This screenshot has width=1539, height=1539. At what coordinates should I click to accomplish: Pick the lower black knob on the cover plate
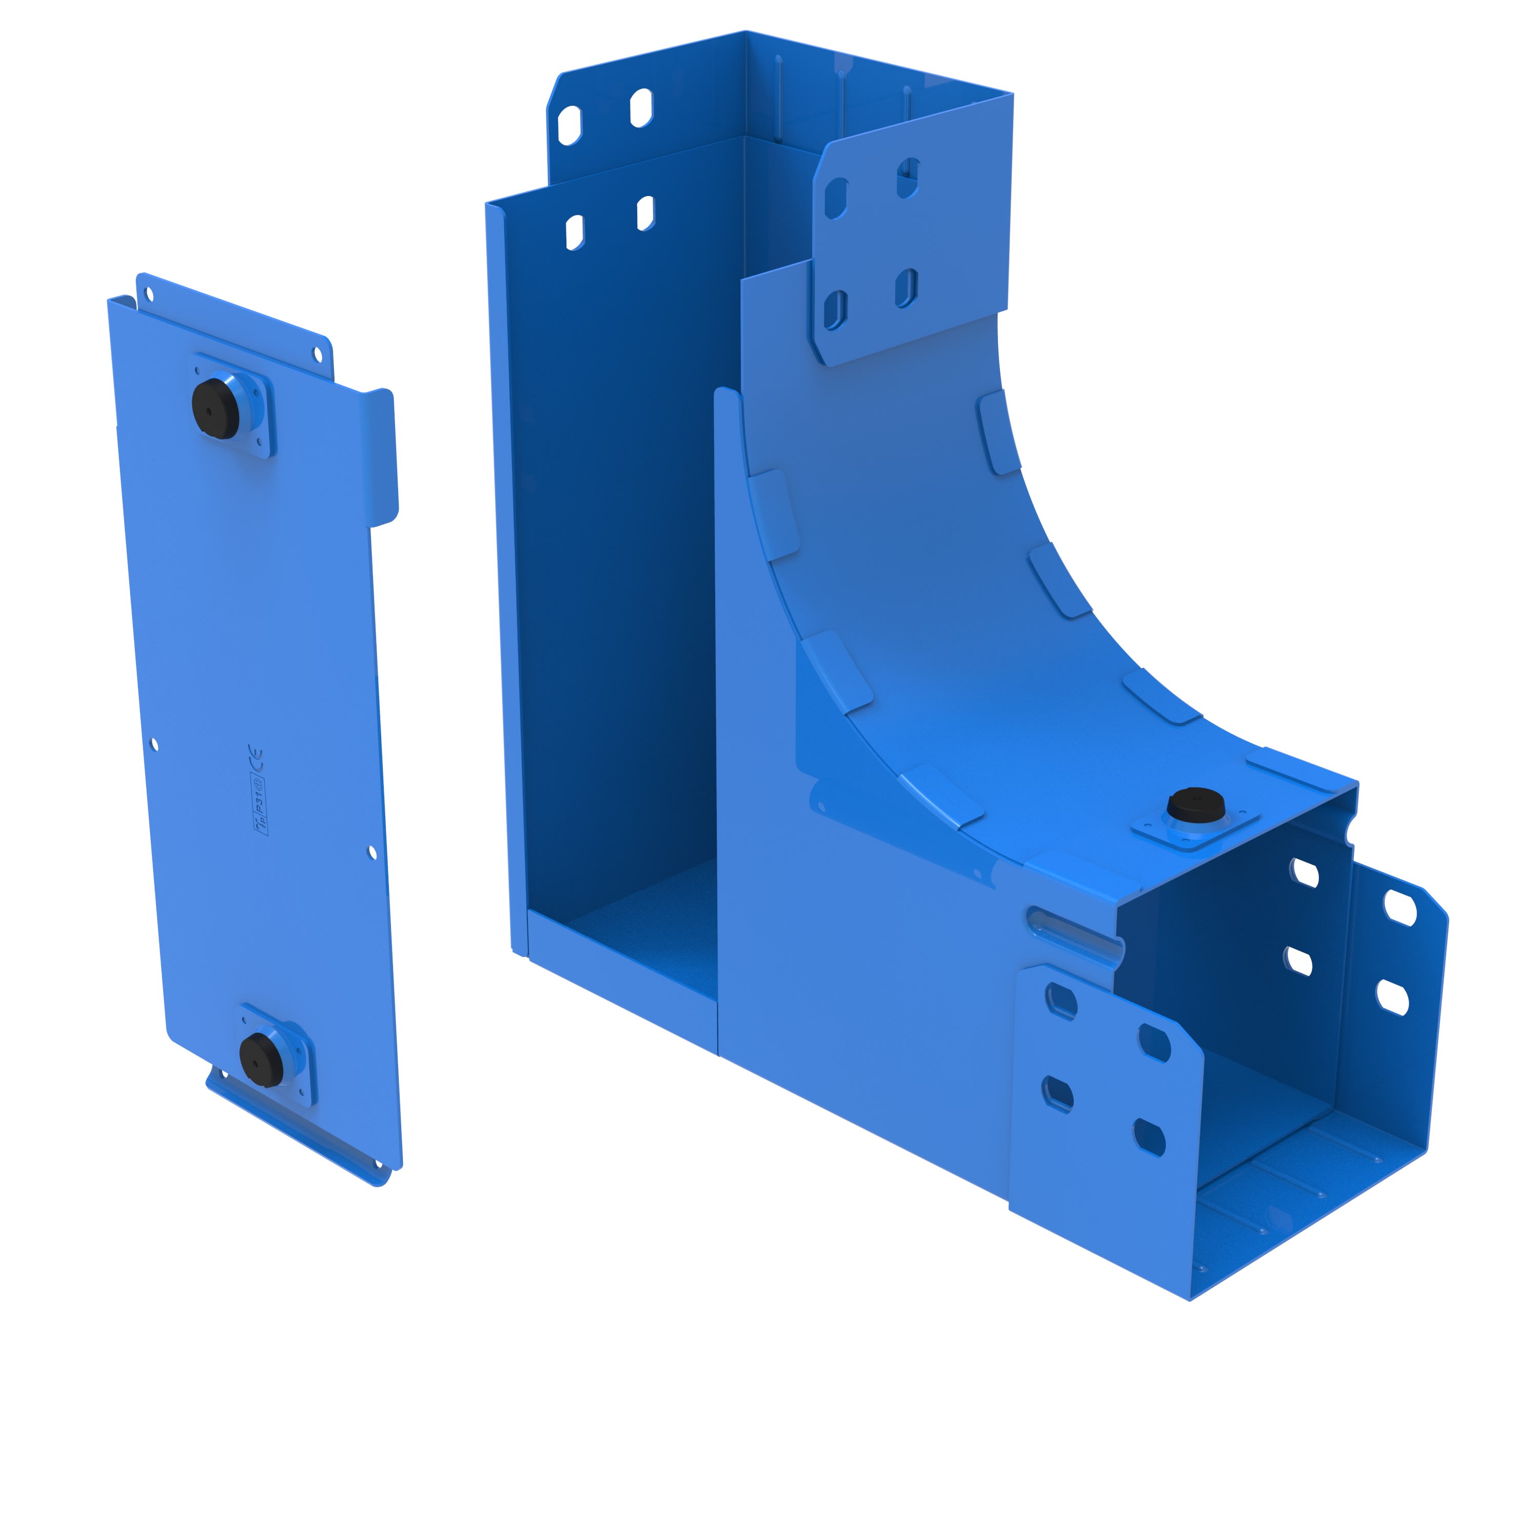(x=261, y=1055)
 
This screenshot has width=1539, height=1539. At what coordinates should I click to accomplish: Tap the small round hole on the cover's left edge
(x=154, y=745)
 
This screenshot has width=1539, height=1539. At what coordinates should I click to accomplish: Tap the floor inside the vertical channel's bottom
(x=637, y=932)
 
